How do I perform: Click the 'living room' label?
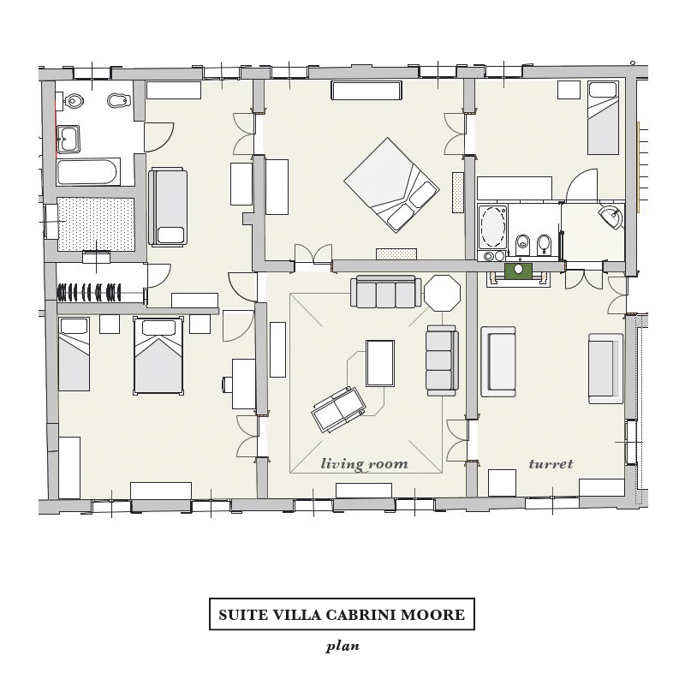coord(365,463)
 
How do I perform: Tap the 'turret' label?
coord(551,463)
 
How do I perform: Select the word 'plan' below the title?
coord(342,646)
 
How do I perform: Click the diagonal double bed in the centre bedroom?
coord(391,185)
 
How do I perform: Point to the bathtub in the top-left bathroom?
coord(88,172)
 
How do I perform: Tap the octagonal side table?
coord(443,293)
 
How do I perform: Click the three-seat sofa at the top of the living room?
coord(386,291)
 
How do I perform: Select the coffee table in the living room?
coord(380,363)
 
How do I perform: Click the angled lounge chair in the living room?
coord(337,409)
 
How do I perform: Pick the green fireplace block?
coord(519,271)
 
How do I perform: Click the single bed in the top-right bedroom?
coord(603,118)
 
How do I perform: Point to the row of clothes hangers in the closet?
coord(89,292)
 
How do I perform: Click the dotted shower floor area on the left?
coord(96,224)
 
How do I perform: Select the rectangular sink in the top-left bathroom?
coord(68,140)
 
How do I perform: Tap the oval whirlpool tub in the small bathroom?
coord(492,228)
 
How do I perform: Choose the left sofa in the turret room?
coord(498,361)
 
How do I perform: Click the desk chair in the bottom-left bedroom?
coord(227,384)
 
